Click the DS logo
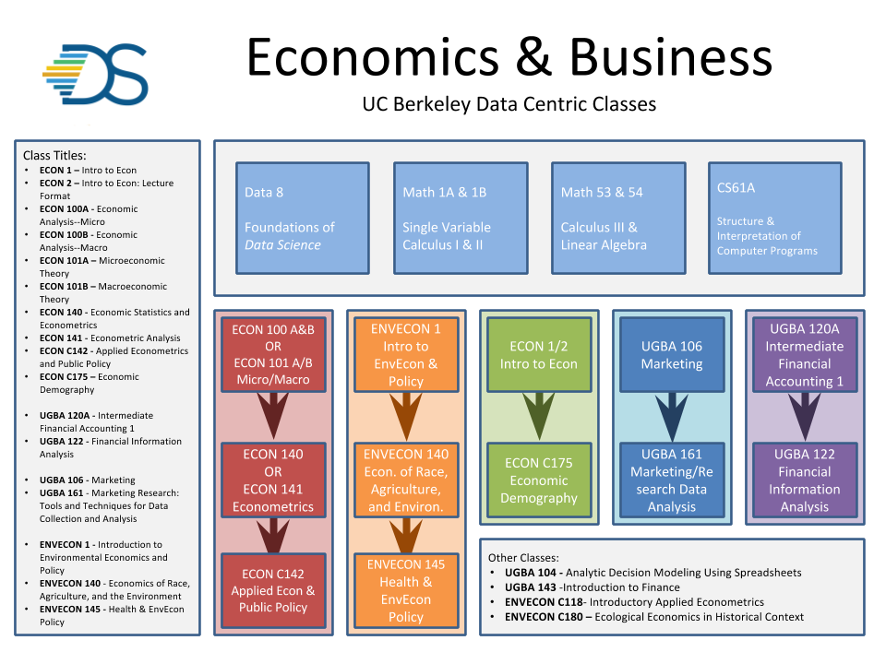[x=95, y=74]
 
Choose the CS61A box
[x=774, y=219]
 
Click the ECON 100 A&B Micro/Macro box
[x=273, y=355]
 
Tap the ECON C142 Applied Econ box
[x=273, y=590]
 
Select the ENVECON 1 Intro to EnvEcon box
[x=406, y=355]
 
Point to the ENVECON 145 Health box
[x=406, y=590]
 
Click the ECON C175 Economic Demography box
[x=539, y=480]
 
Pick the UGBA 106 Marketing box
[x=672, y=355]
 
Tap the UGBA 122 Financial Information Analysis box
[x=804, y=480]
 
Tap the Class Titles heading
[x=54, y=156]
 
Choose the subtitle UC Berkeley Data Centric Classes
[x=509, y=103]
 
